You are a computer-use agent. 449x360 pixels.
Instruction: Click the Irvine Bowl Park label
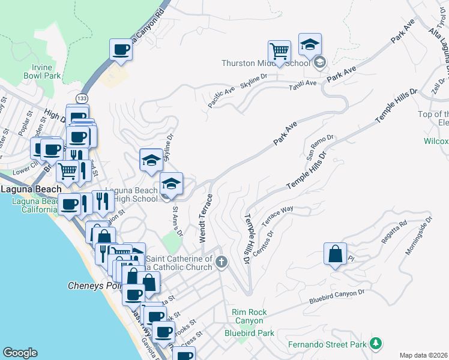tap(42, 71)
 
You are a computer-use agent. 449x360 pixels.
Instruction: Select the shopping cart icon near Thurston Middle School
tap(279, 52)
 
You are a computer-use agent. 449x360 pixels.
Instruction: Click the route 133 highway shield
tap(81, 97)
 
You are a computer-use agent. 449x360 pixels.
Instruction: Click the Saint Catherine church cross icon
tap(221, 261)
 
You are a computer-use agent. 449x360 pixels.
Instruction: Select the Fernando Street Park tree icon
tap(376, 343)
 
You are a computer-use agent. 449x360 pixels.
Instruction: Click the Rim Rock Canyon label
tap(249, 316)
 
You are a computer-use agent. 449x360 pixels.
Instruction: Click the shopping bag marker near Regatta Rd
tap(335, 254)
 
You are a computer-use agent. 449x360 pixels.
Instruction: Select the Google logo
tap(20, 353)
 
